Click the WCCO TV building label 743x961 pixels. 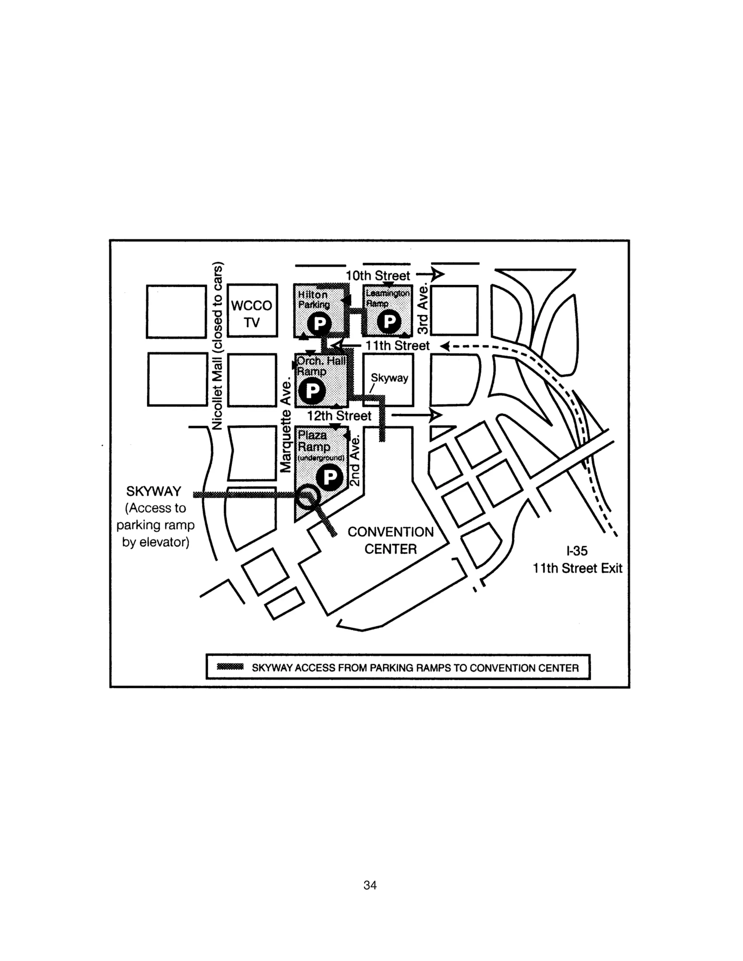[x=252, y=314]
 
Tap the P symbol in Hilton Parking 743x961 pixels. [x=319, y=324]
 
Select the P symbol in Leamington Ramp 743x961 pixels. [x=389, y=321]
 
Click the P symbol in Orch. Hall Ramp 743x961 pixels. [x=312, y=390]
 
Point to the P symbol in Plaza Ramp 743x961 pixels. [x=330, y=477]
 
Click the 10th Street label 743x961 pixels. [x=378, y=276]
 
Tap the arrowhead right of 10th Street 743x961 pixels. [x=438, y=275]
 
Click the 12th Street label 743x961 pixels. [x=339, y=416]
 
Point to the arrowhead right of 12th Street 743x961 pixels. [x=435, y=415]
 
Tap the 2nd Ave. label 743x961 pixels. [x=355, y=461]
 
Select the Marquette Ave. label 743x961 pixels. [x=286, y=425]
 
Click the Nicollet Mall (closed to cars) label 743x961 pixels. [x=217, y=346]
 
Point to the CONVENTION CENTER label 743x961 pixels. [x=390, y=540]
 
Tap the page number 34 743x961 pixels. [x=370, y=885]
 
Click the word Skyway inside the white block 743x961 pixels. [x=389, y=378]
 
